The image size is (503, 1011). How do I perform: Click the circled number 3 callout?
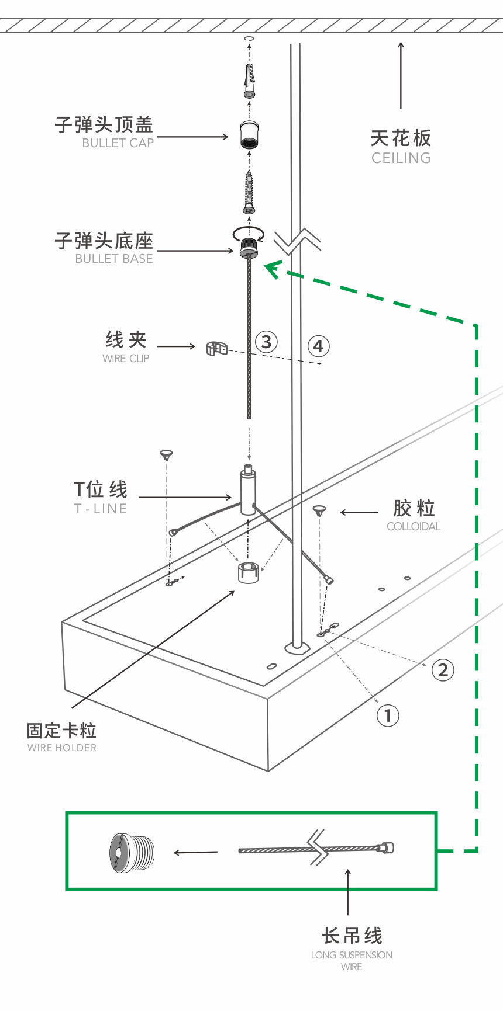click(x=266, y=342)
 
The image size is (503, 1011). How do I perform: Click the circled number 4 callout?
click(x=318, y=346)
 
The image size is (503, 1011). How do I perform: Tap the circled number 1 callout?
click(x=387, y=715)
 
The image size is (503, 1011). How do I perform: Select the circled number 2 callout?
click(x=443, y=670)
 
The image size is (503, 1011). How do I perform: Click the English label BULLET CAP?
click(x=118, y=143)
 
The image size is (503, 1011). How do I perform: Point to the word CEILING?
click(x=401, y=158)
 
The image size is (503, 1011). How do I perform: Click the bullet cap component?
click(x=250, y=135)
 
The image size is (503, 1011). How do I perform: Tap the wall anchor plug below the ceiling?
click(x=250, y=82)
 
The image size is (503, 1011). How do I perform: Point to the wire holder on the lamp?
click(x=249, y=572)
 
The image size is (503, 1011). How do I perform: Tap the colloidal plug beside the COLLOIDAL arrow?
click(x=319, y=511)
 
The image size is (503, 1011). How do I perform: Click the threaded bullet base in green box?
click(x=132, y=853)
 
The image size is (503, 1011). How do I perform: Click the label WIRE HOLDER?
click(x=62, y=748)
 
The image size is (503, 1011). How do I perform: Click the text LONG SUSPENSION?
click(x=352, y=955)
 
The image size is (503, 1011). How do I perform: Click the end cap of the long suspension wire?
click(x=387, y=847)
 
